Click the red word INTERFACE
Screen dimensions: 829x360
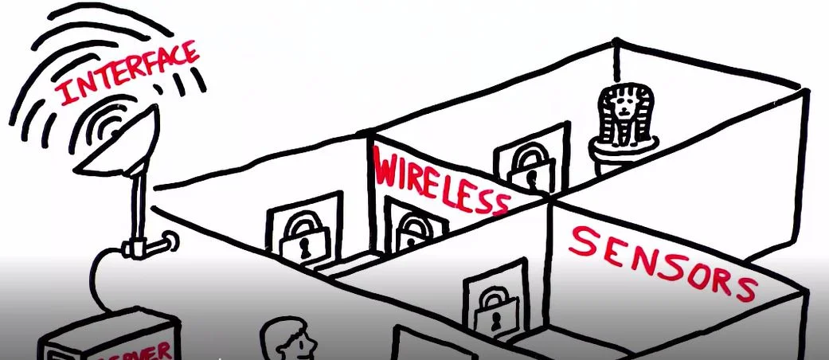127,76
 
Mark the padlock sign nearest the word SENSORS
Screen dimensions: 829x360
489,307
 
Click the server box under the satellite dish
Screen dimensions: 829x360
111,338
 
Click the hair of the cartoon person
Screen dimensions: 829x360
287,328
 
